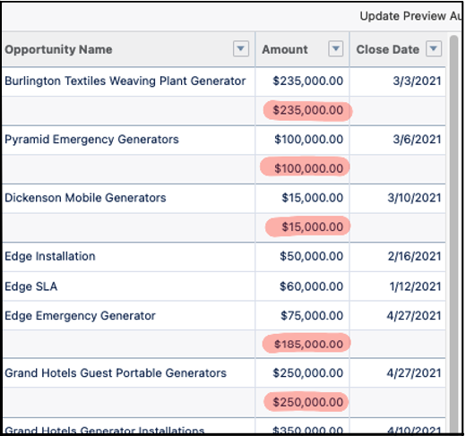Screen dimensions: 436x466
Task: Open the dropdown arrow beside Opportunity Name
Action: pos(240,49)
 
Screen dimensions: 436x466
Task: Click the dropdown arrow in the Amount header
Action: pos(335,49)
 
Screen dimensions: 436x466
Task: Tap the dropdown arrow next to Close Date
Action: pos(434,49)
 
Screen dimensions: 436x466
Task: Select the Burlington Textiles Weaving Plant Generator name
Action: pos(125,81)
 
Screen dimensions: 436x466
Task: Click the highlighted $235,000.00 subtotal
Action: pos(307,110)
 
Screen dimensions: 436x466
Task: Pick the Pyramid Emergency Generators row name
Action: pos(91,140)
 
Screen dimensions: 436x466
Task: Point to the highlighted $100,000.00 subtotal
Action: pos(307,168)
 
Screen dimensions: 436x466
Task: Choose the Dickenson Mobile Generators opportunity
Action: pos(85,198)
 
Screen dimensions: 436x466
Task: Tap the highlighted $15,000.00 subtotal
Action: pos(311,227)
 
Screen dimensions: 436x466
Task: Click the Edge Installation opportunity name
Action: pos(50,256)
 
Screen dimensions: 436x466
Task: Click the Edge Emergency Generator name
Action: pos(80,315)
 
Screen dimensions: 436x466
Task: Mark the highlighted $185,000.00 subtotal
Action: pos(307,344)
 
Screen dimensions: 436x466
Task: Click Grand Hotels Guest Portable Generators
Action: pos(116,372)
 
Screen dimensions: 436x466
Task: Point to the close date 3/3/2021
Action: pos(419,81)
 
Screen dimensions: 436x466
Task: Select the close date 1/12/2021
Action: pos(415,286)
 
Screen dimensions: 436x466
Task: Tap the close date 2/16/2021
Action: pos(415,256)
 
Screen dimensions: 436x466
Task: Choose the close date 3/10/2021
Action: pos(415,198)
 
